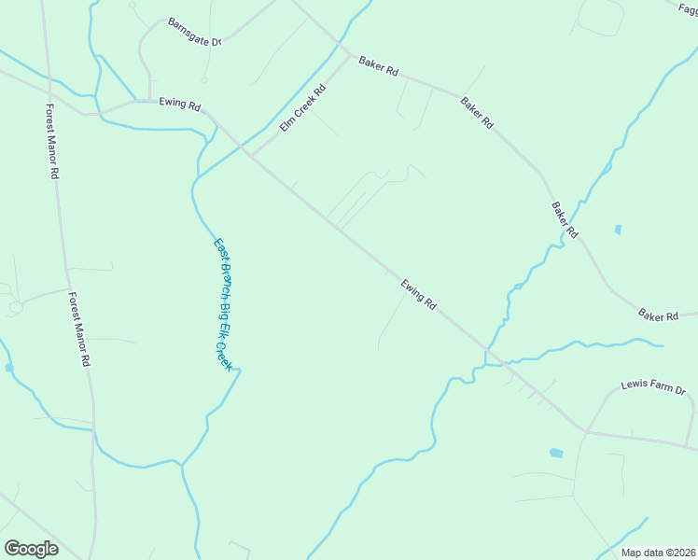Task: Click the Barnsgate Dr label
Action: coord(194,33)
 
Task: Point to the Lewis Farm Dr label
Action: coord(653,386)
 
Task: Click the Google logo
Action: coord(31,548)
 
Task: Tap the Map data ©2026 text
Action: coord(657,553)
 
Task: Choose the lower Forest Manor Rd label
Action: coord(79,329)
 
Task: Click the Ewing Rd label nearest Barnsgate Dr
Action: coord(180,105)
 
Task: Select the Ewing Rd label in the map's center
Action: coord(418,294)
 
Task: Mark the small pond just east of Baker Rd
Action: coord(617,229)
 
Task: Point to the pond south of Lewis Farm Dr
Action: coord(556,454)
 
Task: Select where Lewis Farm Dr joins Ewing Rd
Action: coord(585,430)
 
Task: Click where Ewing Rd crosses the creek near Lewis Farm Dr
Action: coord(487,355)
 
